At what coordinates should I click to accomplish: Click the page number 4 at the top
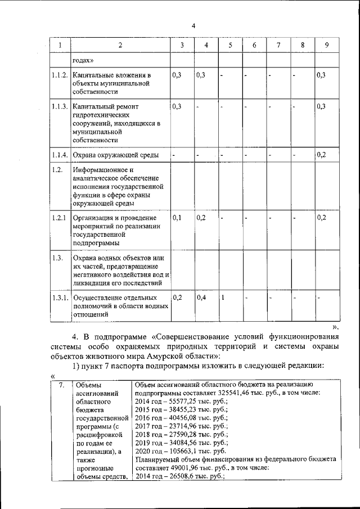(193, 25)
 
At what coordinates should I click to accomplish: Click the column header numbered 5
(230, 46)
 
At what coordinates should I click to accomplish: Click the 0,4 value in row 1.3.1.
(201, 298)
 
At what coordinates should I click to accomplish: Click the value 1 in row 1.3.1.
(223, 298)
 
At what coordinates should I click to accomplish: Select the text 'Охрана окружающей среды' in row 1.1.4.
(115, 155)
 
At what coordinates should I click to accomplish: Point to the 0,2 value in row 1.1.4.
(321, 155)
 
